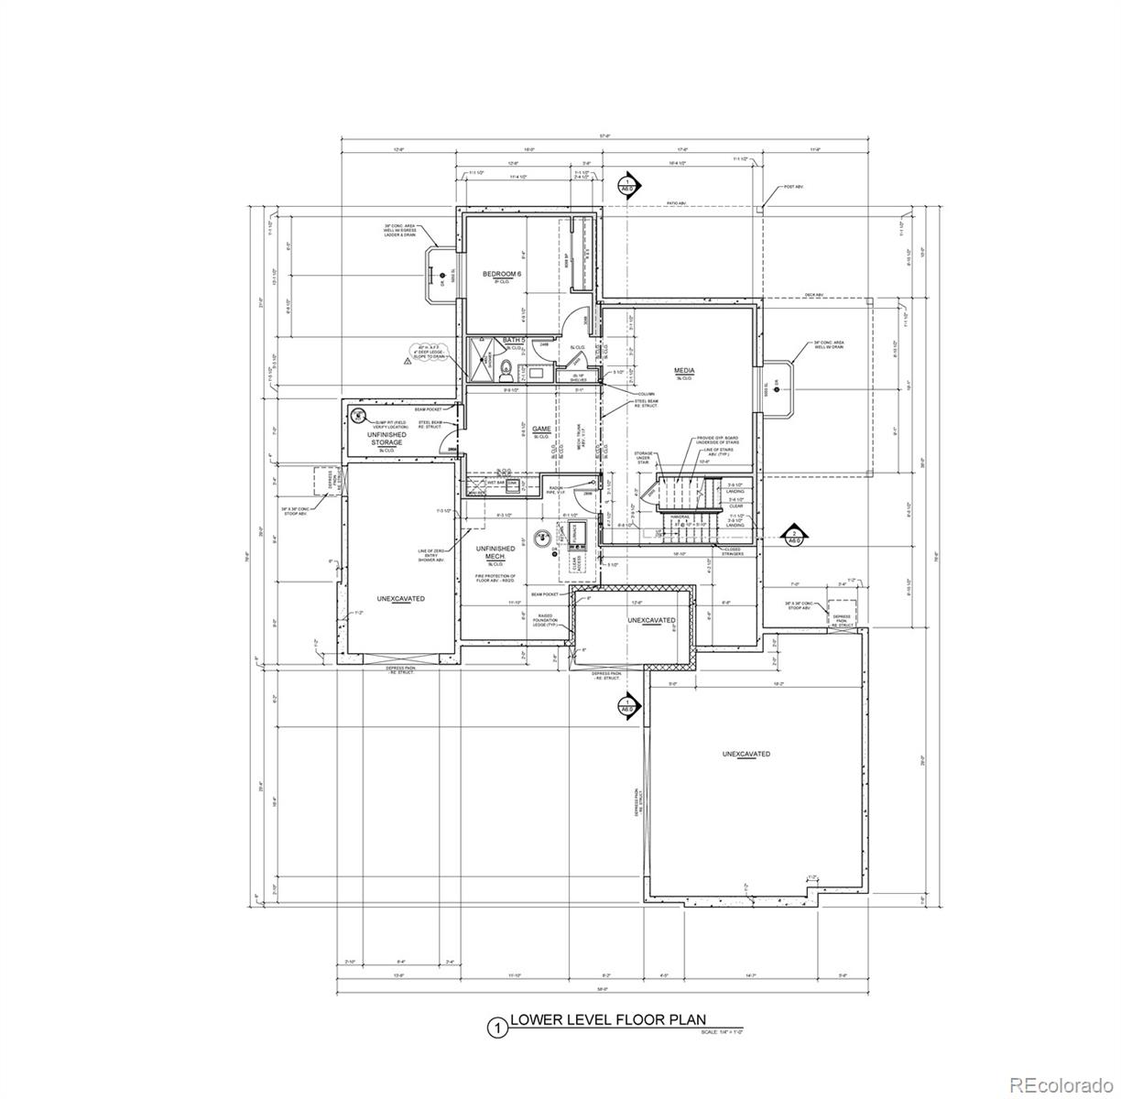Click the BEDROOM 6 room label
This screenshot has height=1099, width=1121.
(502, 275)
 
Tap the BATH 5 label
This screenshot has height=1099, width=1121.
(513, 341)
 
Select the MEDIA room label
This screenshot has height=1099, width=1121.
(684, 371)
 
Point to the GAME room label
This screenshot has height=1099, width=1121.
(540, 429)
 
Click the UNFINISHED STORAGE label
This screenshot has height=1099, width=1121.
(386, 439)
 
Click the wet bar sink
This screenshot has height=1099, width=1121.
(513, 483)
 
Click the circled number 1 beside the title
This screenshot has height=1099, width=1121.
(497, 1028)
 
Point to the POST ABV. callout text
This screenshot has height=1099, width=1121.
(792, 187)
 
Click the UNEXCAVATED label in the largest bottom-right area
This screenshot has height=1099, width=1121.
(746, 754)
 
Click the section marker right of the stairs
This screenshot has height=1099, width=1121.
(796, 535)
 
